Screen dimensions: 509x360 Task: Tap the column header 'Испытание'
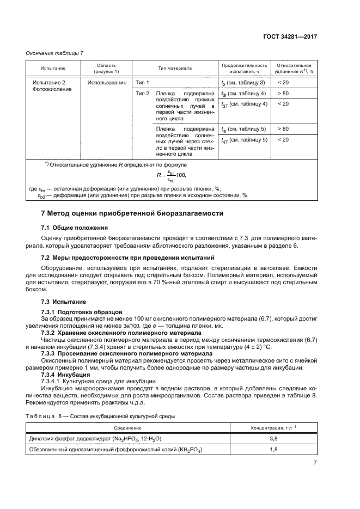click(53, 69)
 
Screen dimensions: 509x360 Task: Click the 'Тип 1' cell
click(143, 82)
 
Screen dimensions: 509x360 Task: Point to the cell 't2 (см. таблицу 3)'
click(243, 83)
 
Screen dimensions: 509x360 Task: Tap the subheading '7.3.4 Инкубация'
click(66, 375)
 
